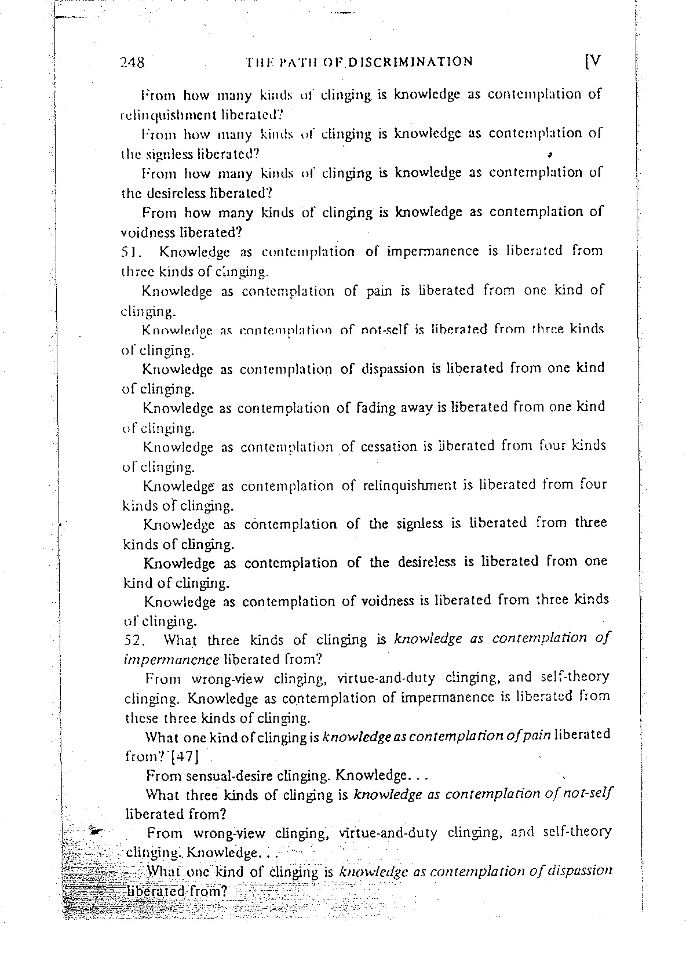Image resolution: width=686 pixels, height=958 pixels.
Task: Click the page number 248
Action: pyautogui.click(x=132, y=63)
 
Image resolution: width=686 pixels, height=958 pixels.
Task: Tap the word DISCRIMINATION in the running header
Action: pyautogui.click(x=410, y=61)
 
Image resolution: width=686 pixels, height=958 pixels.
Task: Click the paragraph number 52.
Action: pyautogui.click(x=136, y=641)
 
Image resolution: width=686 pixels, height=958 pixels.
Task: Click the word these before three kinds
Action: pyautogui.click(x=142, y=718)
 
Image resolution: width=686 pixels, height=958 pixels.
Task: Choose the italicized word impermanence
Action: pyautogui.click(x=171, y=660)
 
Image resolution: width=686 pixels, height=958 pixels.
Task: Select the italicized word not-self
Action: pyautogui.click(x=588, y=794)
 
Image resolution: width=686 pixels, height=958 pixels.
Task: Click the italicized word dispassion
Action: pyautogui.click(x=577, y=871)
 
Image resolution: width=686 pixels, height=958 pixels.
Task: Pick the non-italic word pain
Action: pyautogui.click(x=380, y=290)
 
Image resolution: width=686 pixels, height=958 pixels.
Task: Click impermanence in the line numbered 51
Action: pyautogui.click(x=432, y=252)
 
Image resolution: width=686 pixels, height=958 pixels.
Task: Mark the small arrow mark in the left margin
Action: pyautogui.click(x=96, y=831)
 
